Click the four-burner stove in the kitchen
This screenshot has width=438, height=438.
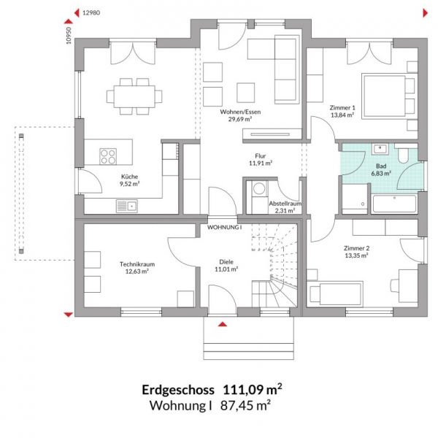coord(108,156)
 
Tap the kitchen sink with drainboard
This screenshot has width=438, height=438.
coord(127,206)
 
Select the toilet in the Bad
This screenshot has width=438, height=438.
coord(403,155)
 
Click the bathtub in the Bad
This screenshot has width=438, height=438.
coord(394,204)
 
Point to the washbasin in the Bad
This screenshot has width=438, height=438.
coord(380,149)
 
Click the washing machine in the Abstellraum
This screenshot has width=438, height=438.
coord(259,188)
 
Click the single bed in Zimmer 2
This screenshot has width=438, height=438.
coord(335,294)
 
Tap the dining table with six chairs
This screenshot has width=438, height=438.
coord(134,96)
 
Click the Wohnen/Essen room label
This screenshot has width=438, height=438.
coord(240,112)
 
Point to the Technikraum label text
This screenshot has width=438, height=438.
coord(137,264)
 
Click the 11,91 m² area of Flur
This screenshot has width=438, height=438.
coord(261,163)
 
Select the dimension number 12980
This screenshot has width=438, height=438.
coord(91,12)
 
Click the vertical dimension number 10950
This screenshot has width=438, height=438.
coord(69,36)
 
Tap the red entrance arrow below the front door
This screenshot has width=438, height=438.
coord(223,324)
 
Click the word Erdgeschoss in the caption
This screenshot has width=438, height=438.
coord(178,390)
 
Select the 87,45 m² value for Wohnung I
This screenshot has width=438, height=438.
coord(245,405)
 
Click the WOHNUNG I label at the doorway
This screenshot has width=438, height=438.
coord(224,227)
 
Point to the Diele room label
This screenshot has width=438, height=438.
coord(226,262)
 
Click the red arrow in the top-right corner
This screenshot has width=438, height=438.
coord(425,13)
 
